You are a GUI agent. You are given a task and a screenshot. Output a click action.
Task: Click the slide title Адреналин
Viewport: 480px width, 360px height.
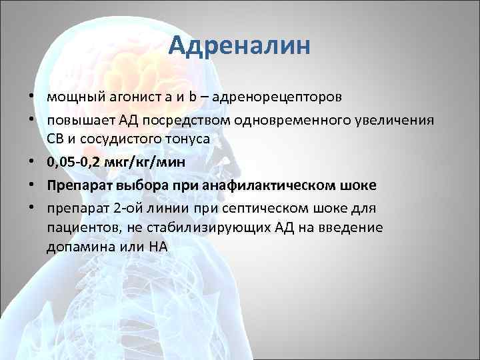pyautogui.click(x=239, y=46)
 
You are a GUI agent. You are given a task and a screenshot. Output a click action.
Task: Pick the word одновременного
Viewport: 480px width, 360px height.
pyautogui.click(x=273, y=120)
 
